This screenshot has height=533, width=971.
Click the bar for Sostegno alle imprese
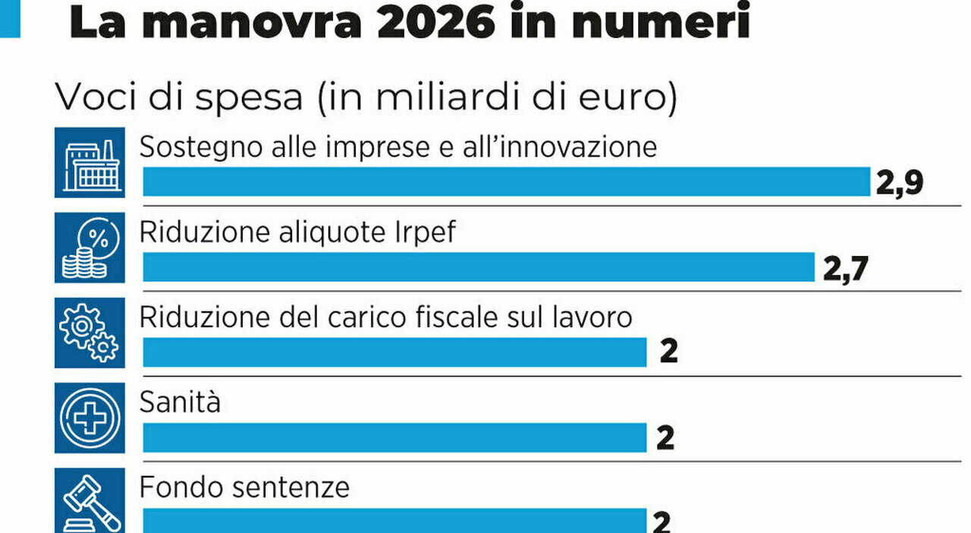[x=506, y=182]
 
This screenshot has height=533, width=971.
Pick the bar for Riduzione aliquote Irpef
[x=479, y=267]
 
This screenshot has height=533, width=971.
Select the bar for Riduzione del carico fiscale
[x=394, y=352]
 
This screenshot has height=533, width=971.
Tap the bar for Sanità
[x=394, y=437]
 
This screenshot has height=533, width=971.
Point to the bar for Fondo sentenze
[x=394, y=520]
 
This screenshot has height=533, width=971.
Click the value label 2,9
[x=899, y=183]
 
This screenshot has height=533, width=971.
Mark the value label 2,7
[x=844, y=268]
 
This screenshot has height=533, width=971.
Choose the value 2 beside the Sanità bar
[x=665, y=438]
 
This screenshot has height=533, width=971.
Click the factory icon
[x=90, y=162]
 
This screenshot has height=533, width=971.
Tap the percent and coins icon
[x=90, y=248]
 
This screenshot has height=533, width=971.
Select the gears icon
[x=90, y=333]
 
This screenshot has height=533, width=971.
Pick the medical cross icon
[x=90, y=418]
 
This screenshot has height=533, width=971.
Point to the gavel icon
[x=90, y=501]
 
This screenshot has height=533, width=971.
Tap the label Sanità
[x=180, y=402]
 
